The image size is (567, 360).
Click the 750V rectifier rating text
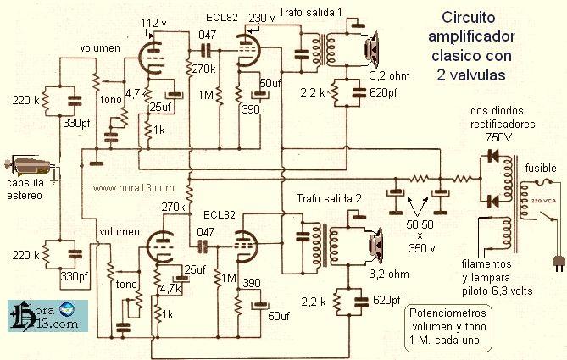pyautogui.click(x=498, y=137)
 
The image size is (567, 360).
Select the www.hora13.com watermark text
pyautogui.click(x=133, y=188)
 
